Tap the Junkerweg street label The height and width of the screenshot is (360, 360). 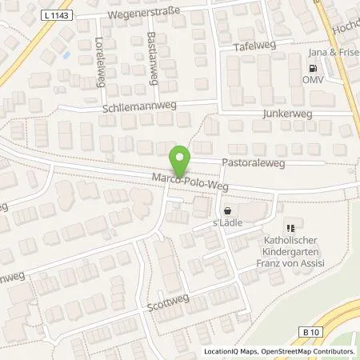coord(286,114)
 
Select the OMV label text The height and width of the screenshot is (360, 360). coord(311,81)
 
